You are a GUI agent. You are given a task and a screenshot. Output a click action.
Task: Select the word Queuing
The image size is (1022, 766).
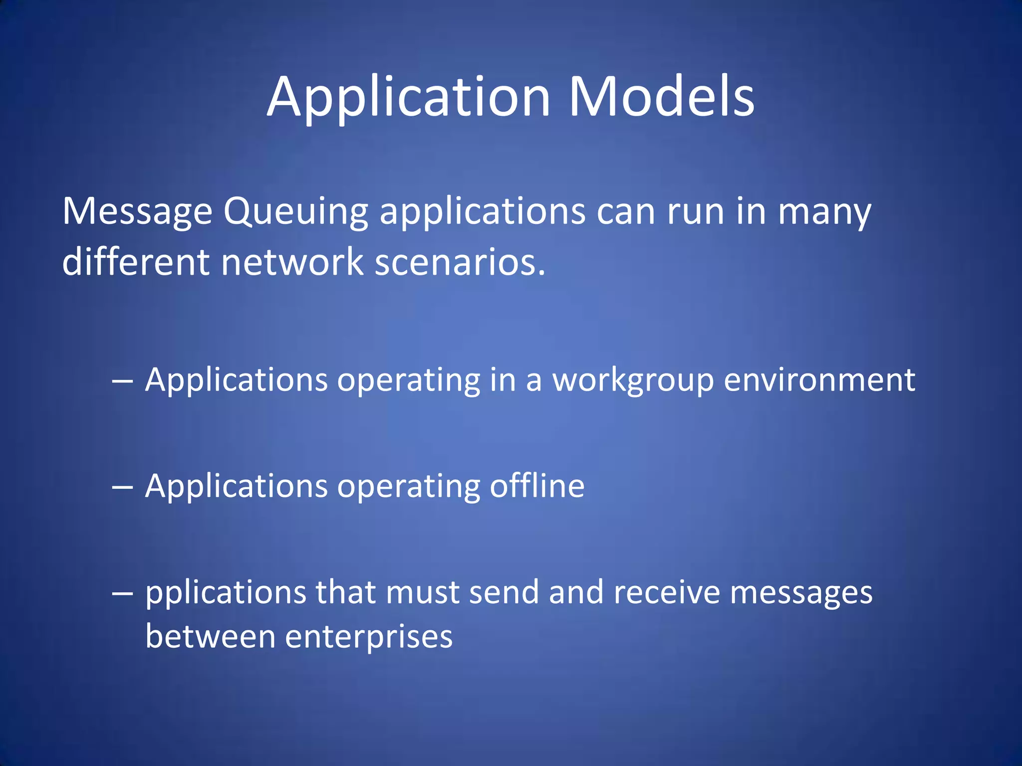point(295,212)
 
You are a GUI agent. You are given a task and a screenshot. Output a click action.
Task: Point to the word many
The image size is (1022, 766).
point(824,212)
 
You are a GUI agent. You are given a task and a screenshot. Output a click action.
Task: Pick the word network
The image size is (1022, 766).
point(292,262)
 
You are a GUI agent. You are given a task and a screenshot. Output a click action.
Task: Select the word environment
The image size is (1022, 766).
point(819,380)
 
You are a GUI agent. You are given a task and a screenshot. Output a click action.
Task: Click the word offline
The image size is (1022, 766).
point(537,486)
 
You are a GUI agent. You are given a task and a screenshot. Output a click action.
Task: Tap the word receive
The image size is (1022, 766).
point(667,592)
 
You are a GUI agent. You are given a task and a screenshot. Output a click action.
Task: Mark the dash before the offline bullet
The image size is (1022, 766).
point(122,487)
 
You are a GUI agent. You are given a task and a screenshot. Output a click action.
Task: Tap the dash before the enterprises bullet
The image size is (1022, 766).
point(122,593)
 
